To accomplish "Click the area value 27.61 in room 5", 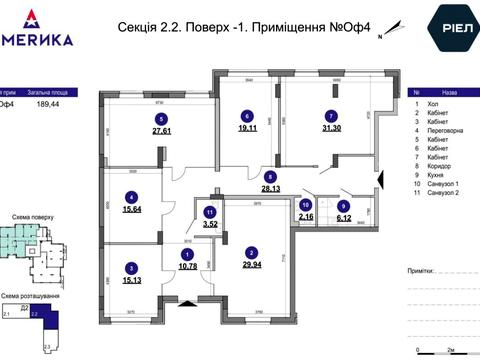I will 162,130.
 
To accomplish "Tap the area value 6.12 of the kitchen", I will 343,216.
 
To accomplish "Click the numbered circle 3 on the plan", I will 131,267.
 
